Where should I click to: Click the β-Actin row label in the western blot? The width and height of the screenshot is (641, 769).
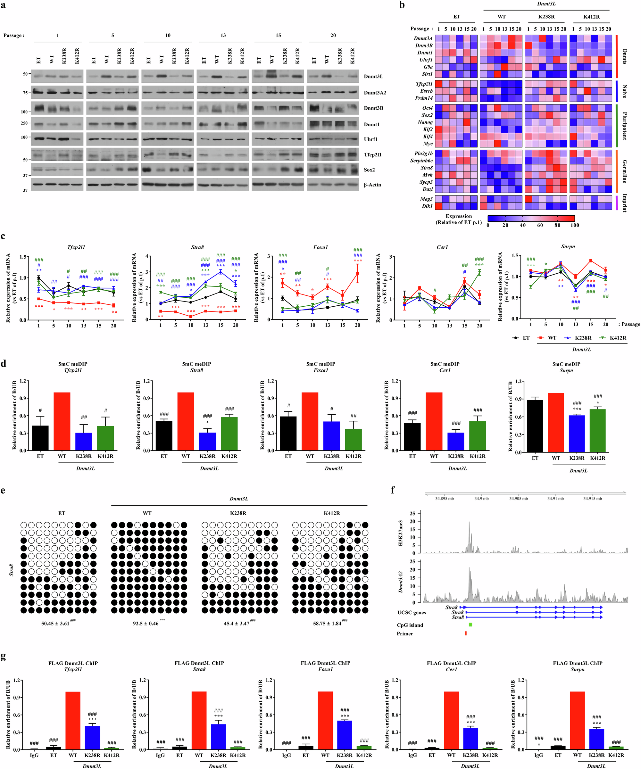pyautogui.click(x=372, y=185)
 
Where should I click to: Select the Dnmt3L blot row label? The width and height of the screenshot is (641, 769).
pyautogui.click(x=373, y=77)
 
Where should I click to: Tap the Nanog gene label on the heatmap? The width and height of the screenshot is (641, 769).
pyautogui.click(x=425, y=122)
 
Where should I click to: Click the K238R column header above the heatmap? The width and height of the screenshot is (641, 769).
pyautogui.click(x=546, y=17)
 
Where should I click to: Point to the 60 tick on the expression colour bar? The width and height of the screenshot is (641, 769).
pyautogui.click(x=540, y=225)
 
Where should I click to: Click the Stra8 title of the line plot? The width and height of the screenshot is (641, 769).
pyautogui.click(x=197, y=248)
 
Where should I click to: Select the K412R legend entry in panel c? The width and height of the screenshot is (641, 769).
pyautogui.click(x=618, y=338)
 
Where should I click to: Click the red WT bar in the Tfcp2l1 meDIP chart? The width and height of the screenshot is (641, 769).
pyautogui.click(x=62, y=421)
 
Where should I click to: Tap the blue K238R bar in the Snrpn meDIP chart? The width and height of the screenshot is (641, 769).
pyautogui.click(x=577, y=434)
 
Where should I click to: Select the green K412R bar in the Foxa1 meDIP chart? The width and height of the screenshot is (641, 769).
pyautogui.click(x=354, y=439)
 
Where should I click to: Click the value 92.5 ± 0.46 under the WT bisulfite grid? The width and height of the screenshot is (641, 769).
pyautogui.click(x=146, y=623)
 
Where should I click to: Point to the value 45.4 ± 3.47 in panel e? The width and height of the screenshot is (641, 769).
pyautogui.click(x=237, y=623)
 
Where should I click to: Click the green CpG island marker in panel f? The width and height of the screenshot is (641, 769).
pyautogui.click(x=470, y=625)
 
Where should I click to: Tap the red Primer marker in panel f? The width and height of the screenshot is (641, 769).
pyautogui.click(x=466, y=633)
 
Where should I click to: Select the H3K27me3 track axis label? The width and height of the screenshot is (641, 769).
pyautogui.click(x=401, y=533)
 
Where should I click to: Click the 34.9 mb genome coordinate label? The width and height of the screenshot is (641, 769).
pyautogui.click(x=481, y=498)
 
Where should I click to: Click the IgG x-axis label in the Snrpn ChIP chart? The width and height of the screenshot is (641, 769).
pyautogui.click(x=538, y=755)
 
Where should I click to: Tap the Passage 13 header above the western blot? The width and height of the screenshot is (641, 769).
pyautogui.click(x=223, y=36)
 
